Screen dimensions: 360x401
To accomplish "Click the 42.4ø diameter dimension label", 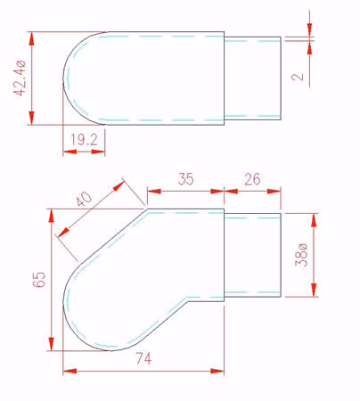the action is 20,78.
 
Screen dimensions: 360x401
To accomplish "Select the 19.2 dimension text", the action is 84,140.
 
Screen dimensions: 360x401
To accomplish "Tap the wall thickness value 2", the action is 298,77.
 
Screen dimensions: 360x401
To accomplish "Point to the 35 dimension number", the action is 186,179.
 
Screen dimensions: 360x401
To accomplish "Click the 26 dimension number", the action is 252,179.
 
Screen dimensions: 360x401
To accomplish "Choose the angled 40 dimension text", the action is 84,199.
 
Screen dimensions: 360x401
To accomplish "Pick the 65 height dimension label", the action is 39,280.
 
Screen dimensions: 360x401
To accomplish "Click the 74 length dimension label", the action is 143,359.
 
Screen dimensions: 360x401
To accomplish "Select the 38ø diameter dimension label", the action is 300,255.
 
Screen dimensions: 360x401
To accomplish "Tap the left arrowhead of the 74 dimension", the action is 70,371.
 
